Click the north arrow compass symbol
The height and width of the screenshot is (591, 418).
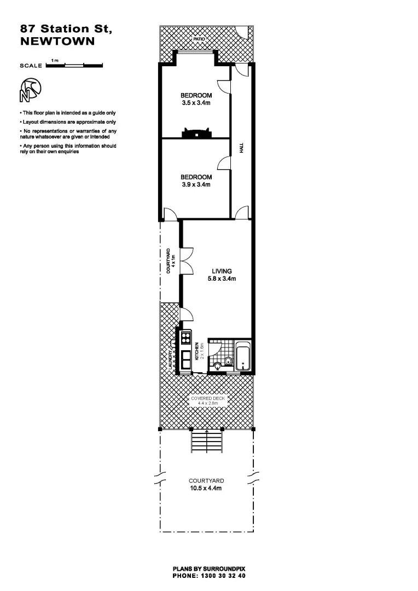point(31,90)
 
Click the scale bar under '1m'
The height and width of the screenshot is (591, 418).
point(74,66)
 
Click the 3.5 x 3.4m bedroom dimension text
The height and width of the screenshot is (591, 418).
point(196,102)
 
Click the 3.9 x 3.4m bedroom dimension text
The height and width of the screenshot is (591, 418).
point(196,184)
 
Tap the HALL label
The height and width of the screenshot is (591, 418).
point(241,148)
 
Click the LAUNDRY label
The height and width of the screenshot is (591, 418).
point(171,359)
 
